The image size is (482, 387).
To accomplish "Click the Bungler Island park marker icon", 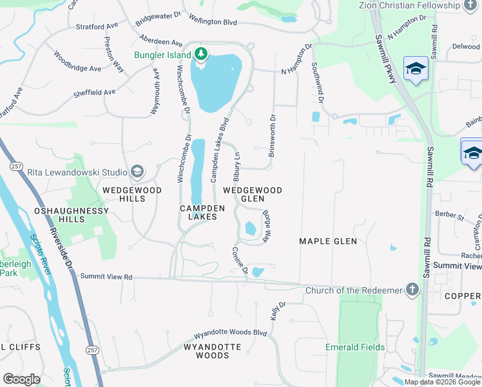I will (201, 54).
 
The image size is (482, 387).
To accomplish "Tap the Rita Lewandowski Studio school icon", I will (137, 172).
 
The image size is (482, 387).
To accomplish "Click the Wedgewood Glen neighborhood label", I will (253, 195).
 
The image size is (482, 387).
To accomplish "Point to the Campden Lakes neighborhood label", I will (202, 213).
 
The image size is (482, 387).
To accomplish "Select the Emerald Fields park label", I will (355, 347).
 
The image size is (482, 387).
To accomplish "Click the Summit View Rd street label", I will (106, 277).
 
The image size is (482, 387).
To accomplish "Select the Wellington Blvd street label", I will (211, 22).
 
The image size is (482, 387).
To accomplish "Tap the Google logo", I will (21, 379).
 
